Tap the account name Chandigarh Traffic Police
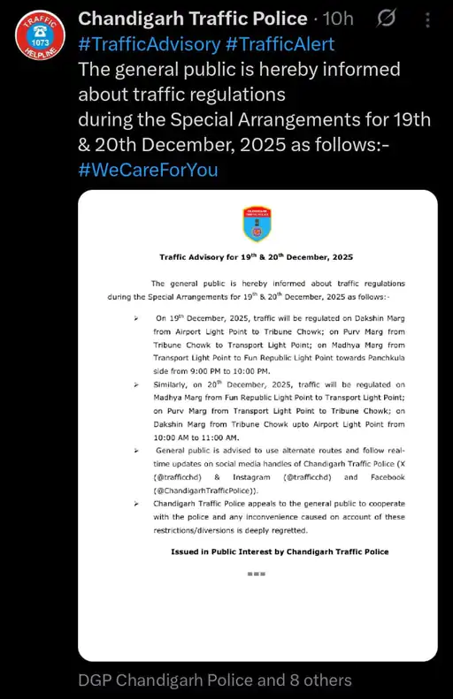[192, 19]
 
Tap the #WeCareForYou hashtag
[148, 170]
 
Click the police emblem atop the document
[257, 224]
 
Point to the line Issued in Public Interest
[280, 551]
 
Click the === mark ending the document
[257, 574]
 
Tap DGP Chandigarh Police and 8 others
[215, 680]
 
